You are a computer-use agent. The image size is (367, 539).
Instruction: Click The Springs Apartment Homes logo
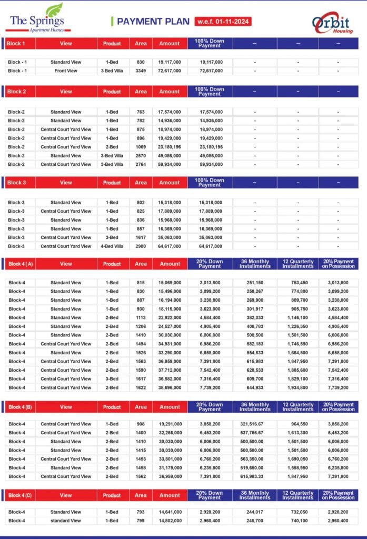(37, 20)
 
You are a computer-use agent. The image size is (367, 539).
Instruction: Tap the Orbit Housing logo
(332, 23)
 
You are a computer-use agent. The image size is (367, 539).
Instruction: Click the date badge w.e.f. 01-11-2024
(222, 22)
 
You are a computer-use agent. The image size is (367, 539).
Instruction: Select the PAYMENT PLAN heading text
(153, 22)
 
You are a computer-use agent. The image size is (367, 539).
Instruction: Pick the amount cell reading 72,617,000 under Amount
(170, 71)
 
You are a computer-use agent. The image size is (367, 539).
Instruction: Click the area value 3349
(141, 71)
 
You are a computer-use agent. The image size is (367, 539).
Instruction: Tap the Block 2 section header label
(16, 92)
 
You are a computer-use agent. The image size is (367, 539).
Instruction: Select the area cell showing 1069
(141, 147)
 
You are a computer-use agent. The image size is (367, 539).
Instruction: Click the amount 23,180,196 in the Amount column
(170, 147)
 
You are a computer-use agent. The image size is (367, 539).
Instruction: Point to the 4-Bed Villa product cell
(112, 246)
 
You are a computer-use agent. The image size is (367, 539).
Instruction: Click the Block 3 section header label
(16, 183)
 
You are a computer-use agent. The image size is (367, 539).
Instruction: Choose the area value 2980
(141, 246)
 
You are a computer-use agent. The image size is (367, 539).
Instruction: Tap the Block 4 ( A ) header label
(19, 264)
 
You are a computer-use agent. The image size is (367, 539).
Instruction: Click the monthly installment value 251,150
(255, 283)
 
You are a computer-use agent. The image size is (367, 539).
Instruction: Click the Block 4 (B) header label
(19, 407)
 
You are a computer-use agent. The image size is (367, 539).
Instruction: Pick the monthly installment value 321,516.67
(255, 424)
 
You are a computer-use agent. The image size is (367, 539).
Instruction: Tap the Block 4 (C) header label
(19, 495)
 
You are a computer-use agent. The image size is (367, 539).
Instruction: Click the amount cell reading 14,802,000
(170, 521)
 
